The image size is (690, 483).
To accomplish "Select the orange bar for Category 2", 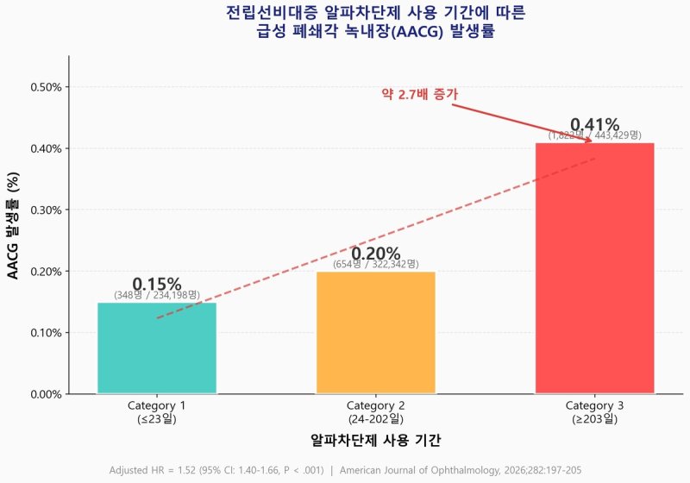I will click(375, 333).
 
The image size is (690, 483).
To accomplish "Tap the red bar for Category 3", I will click(594, 268).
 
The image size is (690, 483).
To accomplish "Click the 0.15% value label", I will click(156, 285).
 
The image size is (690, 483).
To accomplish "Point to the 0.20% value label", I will click(375, 254).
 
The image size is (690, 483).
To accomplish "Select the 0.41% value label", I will click(594, 125).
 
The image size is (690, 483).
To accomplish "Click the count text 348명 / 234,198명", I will click(156, 296).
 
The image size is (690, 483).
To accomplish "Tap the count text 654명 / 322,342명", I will click(375, 265).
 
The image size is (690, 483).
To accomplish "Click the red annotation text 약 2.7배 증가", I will click(419, 94).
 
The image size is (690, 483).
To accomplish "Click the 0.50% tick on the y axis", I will click(46, 87).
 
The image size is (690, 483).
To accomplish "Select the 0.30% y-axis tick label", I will click(46, 210).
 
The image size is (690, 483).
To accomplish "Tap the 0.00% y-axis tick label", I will click(46, 394).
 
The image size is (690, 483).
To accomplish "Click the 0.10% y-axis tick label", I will click(46, 333).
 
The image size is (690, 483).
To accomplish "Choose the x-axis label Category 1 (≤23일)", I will click(156, 412).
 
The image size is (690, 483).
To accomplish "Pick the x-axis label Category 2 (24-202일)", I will click(375, 412).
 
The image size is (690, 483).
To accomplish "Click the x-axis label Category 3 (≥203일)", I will click(594, 412).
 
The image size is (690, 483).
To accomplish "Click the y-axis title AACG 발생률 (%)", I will click(13, 225).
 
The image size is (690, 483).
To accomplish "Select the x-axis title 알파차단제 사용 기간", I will click(375, 440).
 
